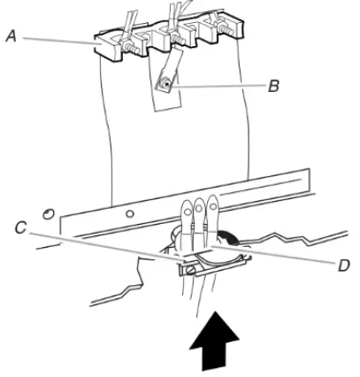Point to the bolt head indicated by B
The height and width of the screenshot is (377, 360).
[x=163, y=84]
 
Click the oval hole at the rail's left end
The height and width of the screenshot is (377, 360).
[x=50, y=212]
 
